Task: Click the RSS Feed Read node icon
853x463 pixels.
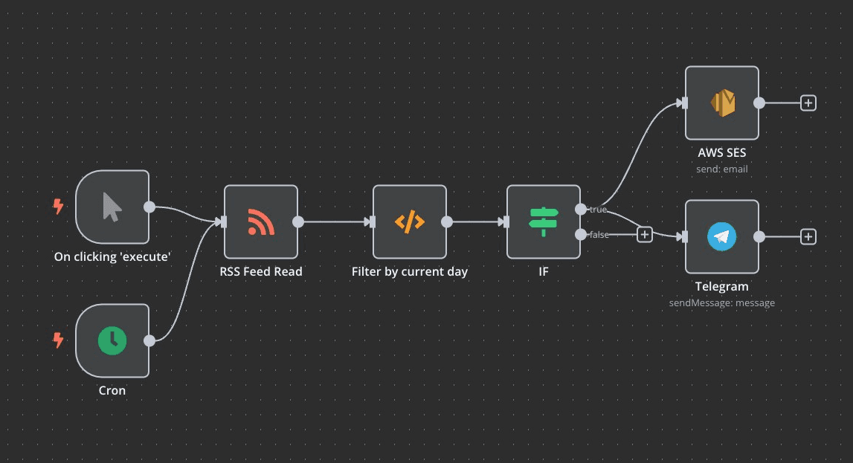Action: (260, 221)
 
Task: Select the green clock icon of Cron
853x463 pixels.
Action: (112, 340)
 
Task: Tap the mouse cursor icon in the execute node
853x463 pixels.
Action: (112, 207)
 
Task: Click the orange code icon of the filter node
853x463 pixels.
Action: (409, 221)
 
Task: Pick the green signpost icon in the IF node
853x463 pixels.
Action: (544, 221)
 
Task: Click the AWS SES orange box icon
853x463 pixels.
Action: (721, 103)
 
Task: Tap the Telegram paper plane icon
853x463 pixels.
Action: (721, 236)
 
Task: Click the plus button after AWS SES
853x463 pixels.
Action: (808, 103)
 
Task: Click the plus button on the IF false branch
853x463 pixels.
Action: (645, 235)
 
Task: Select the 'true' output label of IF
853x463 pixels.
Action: (598, 210)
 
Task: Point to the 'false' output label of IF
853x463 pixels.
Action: (599, 235)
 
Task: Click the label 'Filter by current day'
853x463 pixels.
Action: (410, 272)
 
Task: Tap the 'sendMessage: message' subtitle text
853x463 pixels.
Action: (721, 302)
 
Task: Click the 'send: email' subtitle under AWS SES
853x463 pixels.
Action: (721, 169)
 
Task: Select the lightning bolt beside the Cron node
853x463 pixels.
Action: (58, 340)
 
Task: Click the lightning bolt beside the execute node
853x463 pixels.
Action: (58, 206)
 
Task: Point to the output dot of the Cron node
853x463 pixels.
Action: (149, 340)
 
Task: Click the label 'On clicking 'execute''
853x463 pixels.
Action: (112, 257)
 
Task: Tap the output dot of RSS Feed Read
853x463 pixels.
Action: (298, 221)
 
